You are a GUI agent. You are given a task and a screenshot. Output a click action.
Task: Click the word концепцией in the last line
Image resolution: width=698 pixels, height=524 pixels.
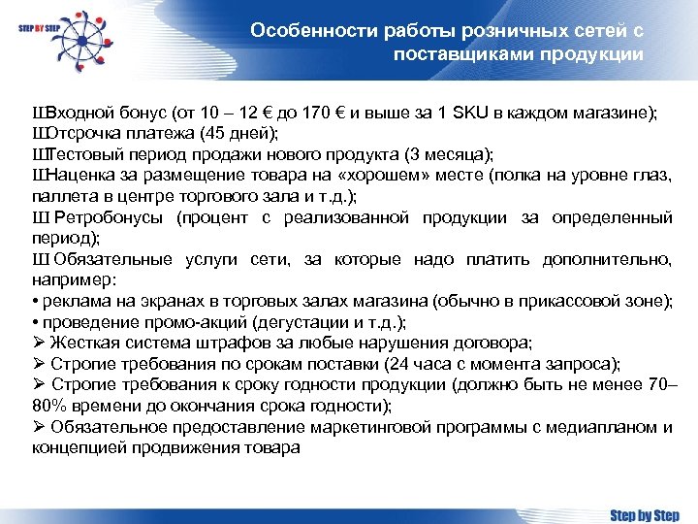click(79, 448)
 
